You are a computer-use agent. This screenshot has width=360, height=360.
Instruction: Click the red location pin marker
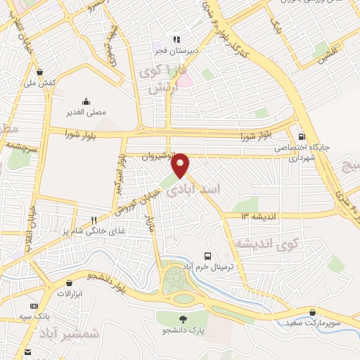pyautogui.click(x=181, y=164)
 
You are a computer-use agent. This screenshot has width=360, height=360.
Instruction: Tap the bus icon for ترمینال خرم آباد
pyautogui.click(x=207, y=257)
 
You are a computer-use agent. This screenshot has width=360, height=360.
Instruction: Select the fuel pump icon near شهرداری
pyautogui.click(x=302, y=137)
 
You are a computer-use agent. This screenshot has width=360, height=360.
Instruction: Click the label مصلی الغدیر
pyautogui.click(x=86, y=112)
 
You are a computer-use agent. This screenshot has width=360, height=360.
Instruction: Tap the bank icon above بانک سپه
pyautogui.click(x=33, y=307)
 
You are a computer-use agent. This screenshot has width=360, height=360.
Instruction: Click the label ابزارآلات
pyautogui.click(x=70, y=292)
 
